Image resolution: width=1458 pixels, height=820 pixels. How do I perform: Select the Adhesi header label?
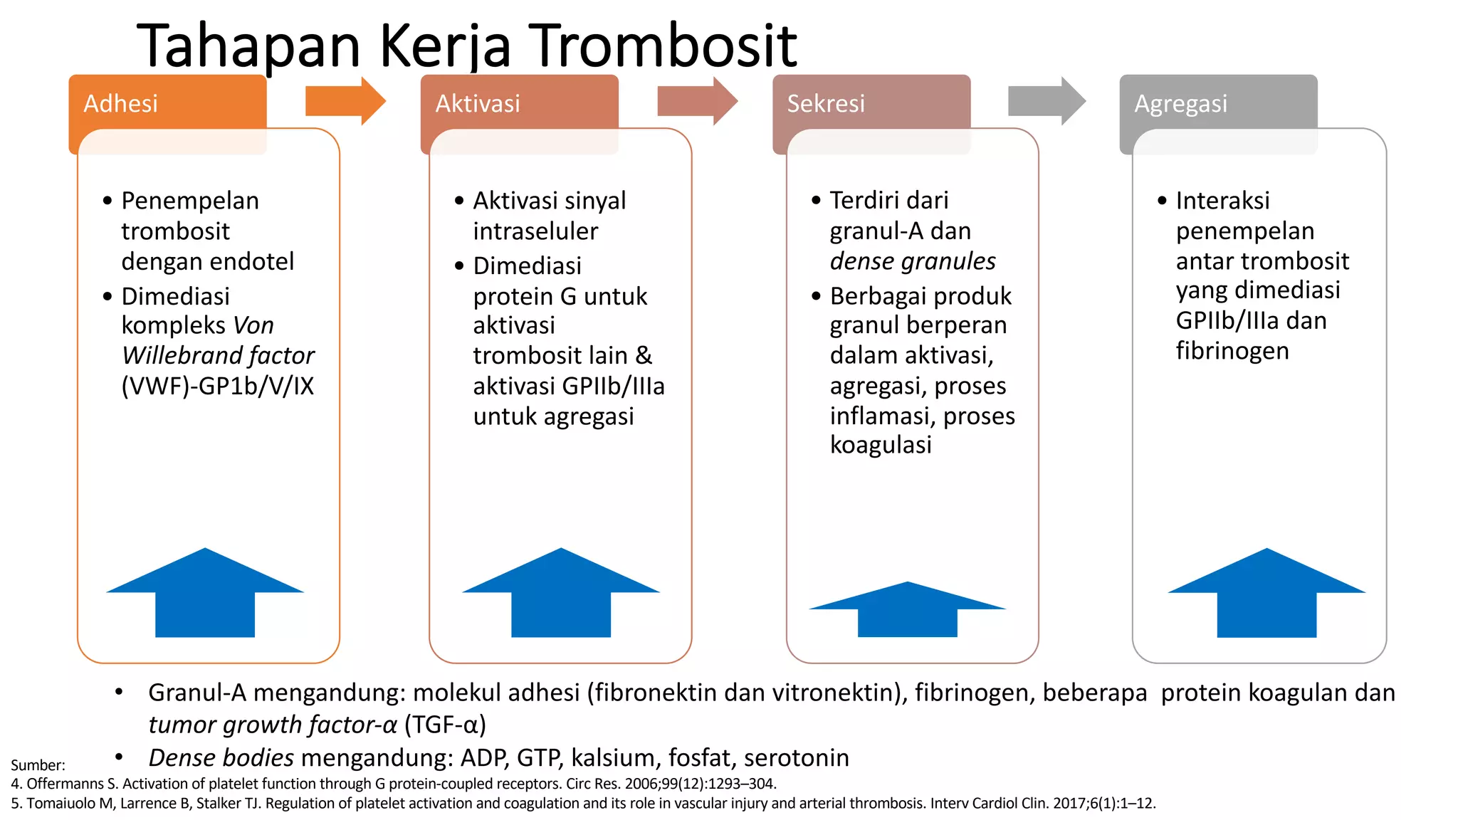(x=120, y=104)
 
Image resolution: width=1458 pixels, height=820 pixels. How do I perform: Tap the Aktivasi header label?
(x=478, y=104)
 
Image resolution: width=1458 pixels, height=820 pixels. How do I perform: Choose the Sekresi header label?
(x=825, y=104)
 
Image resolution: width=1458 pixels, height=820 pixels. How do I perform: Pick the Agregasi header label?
(x=1180, y=104)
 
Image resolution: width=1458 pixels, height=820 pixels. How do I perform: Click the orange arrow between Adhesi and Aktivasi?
(x=345, y=101)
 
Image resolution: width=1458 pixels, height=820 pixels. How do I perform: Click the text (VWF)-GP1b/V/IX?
(x=217, y=386)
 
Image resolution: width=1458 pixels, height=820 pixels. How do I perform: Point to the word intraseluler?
(x=535, y=231)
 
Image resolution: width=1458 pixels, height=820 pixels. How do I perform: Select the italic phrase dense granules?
(x=913, y=261)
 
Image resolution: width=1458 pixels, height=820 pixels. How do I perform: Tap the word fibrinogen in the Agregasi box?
(x=1232, y=351)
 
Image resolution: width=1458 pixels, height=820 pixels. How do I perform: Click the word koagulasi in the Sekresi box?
(x=881, y=445)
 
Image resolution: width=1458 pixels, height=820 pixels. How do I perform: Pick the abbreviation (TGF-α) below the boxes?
(x=445, y=725)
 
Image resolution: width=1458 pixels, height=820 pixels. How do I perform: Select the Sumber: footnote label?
(x=38, y=765)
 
